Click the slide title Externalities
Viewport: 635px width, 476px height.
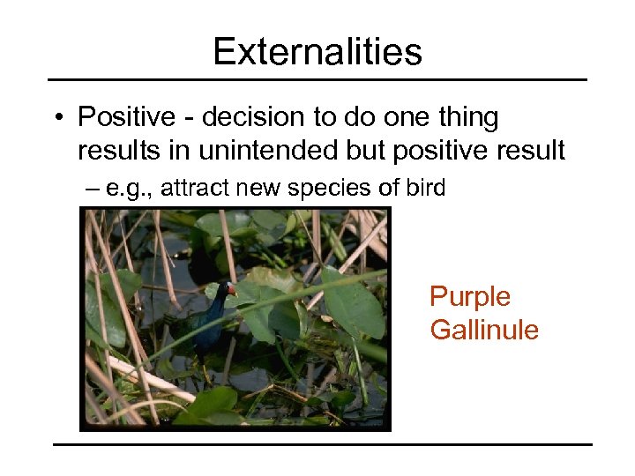[x=317, y=52]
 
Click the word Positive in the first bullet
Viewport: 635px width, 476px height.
[x=121, y=117]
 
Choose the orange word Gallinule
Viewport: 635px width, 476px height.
[x=483, y=330]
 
